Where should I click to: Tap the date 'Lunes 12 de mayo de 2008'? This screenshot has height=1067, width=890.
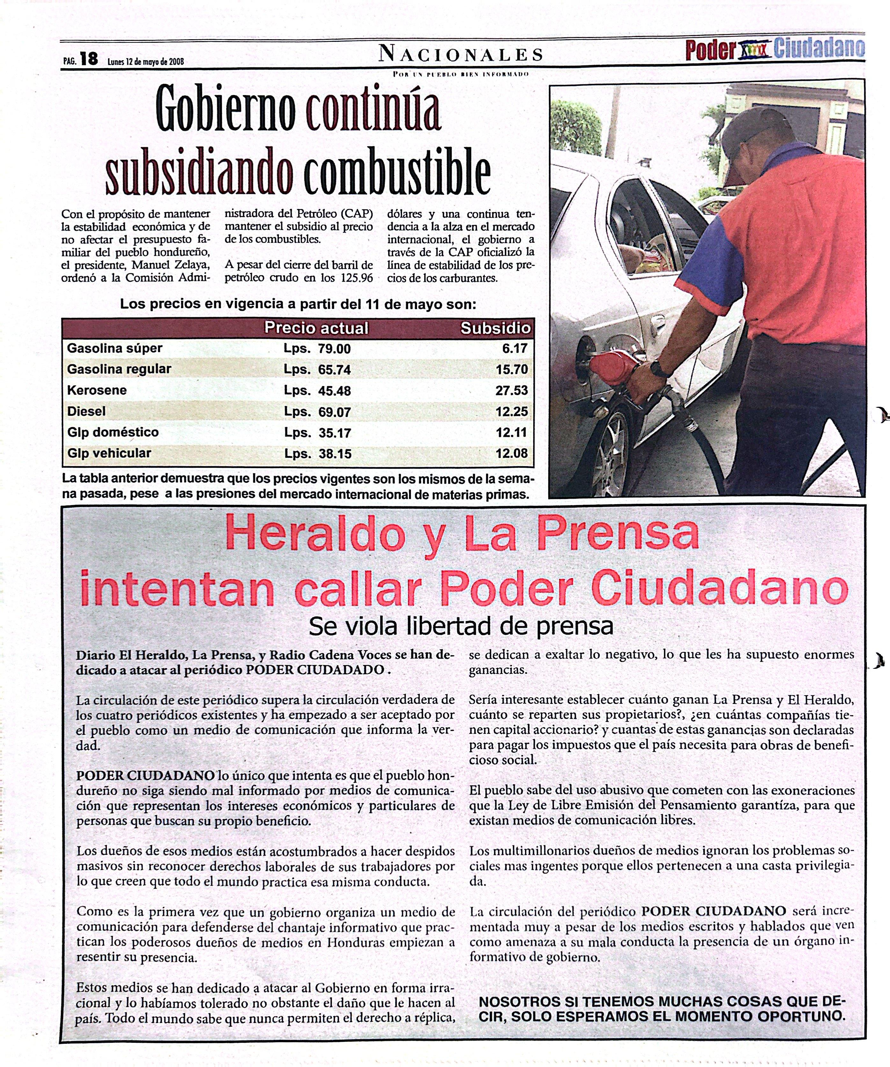(x=146, y=62)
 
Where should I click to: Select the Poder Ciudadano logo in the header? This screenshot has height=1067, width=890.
(x=775, y=49)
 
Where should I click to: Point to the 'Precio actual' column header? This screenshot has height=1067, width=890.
(x=316, y=328)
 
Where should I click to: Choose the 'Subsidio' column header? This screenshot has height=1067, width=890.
(x=495, y=328)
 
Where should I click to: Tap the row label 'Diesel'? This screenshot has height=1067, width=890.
(x=86, y=411)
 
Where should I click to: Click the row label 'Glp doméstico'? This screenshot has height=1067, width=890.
(x=113, y=432)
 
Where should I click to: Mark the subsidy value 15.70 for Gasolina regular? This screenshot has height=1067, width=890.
(x=512, y=369)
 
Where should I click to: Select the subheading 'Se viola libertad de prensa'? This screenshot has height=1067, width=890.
(x=461, y=626)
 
